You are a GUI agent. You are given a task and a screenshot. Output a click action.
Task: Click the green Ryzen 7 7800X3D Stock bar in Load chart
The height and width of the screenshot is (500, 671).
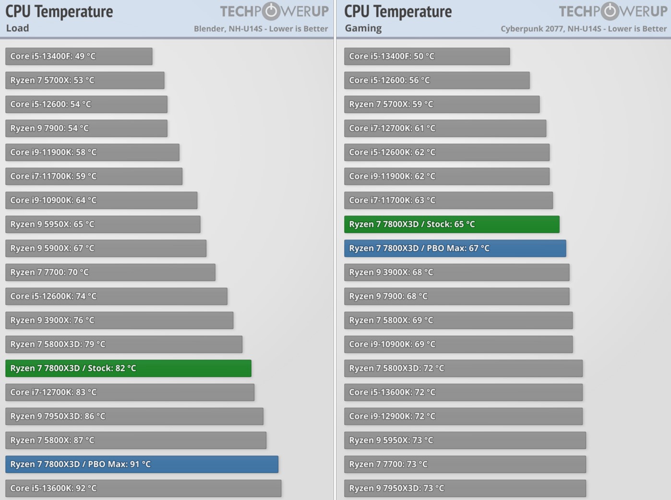point(128,368)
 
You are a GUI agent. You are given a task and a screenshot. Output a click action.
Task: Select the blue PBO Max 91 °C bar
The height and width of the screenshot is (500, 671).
point(142,464)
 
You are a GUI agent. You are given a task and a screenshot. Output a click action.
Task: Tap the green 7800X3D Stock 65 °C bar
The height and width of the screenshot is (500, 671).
point(452,224)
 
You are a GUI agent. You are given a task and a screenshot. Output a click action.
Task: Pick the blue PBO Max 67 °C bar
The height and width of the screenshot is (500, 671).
point(455,248)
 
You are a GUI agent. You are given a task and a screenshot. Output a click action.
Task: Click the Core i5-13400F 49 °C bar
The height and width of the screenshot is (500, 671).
point(79,56)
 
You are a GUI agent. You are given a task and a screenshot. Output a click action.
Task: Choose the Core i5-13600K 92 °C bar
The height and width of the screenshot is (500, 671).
point(143,488)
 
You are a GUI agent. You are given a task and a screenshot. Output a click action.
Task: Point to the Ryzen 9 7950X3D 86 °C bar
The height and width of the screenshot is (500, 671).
point(134,416)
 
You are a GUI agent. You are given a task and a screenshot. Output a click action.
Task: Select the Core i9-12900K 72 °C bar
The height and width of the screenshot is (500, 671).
point(463,416)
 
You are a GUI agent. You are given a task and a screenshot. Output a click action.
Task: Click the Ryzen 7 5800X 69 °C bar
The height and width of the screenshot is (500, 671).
point(458,320)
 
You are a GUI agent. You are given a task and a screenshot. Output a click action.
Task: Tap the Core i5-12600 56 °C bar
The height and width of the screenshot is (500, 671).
point(437,80)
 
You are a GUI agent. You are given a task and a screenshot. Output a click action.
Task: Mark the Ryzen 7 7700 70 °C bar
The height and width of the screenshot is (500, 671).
point(110,272)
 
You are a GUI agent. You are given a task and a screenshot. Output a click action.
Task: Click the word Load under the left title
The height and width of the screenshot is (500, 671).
point(18,28)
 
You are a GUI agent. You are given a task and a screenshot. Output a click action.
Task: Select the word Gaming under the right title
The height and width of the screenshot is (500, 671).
point(363,28)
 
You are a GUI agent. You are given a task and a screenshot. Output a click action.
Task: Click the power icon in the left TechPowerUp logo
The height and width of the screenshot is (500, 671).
point(272,11)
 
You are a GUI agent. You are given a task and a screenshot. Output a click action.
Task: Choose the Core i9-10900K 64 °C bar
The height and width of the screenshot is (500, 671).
point(101,200)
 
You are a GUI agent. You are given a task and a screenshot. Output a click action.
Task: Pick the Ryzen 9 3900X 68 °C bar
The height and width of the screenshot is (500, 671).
point(456,272)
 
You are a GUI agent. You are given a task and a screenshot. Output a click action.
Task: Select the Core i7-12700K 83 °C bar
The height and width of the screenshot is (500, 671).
point(130,392)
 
